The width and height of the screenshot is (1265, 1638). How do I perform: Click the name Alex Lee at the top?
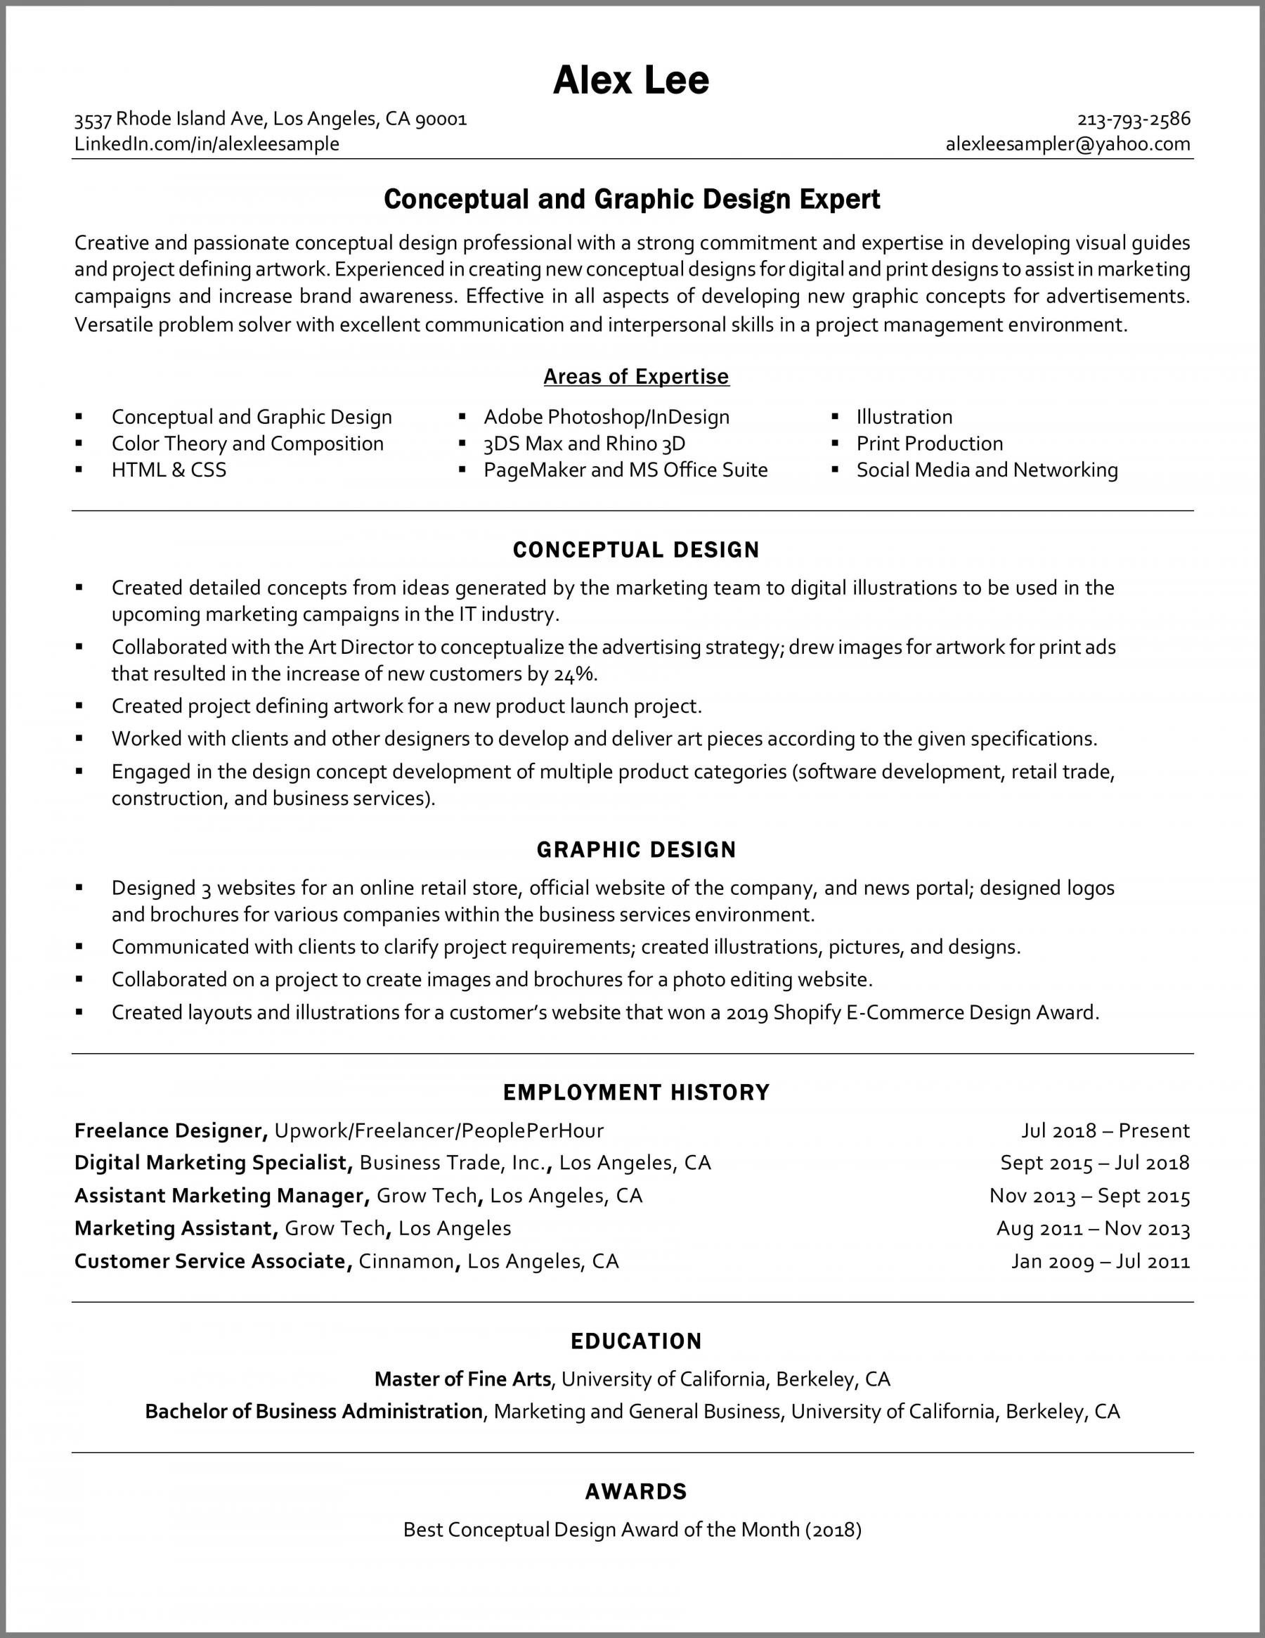[630, 80]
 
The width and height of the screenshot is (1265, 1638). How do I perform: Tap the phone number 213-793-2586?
[1133, 120]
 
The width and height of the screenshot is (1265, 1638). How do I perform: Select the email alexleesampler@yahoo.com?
[1068, 144]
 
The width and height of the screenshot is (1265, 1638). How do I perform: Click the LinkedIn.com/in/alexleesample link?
[207, 144]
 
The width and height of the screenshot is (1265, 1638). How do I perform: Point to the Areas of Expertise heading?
[636, 377]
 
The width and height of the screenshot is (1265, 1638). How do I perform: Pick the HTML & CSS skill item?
[169, 470]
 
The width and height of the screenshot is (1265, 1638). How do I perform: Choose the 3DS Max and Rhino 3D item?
[584, 444]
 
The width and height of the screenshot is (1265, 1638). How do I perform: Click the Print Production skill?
[929, 444]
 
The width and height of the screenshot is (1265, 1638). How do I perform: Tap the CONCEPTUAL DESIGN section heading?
[636, 550]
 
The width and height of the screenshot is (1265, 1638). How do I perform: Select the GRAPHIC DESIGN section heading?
[636, 850]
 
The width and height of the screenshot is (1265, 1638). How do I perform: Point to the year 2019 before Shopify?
[747, 1012]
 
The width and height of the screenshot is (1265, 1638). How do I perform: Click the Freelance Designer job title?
[167, 1130]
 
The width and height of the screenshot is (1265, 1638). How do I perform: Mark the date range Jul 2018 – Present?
[1105, 1130]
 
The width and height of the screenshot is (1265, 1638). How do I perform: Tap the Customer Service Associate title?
[210, 1260]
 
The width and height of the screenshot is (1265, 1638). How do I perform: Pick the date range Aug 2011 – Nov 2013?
[1094, 1229]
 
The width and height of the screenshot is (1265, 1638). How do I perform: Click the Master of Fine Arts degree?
[462, 1379]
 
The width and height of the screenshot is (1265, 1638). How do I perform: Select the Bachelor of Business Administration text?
[313, 1412]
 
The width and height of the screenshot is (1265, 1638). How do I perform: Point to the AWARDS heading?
[636, 1492]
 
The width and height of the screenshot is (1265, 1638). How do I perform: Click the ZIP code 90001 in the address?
[441, 120]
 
